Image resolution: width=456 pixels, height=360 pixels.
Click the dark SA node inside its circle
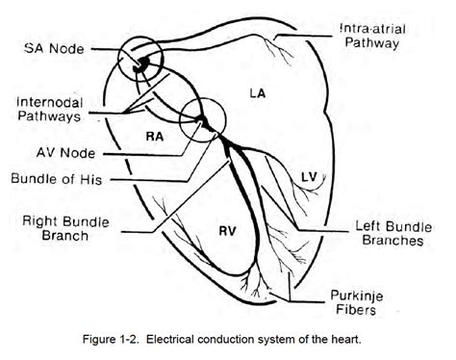tap(140, 64)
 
